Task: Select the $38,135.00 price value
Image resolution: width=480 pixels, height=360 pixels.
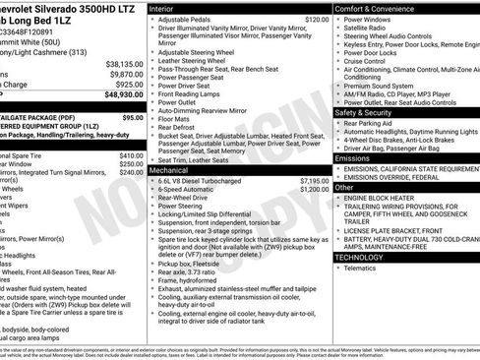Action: pos(119,62)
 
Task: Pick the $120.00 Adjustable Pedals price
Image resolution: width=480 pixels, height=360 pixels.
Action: pos(317,20)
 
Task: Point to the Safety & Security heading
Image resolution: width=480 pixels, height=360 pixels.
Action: pos(369,112)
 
